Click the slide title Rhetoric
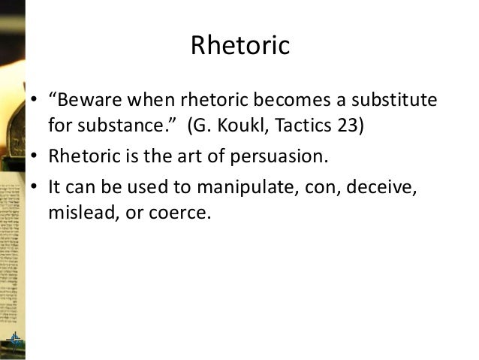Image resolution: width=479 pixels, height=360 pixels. click(x=239, y=46)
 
